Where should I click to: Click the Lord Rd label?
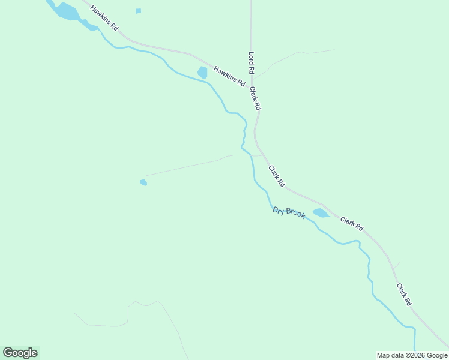(252, 63)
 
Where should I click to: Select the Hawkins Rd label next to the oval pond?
(229, 76)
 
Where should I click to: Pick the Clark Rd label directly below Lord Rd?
(255, 98)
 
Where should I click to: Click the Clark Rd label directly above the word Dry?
(276, 175)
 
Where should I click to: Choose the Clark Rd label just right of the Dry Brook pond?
(352, 224)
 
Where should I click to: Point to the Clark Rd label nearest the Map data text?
(403, 295)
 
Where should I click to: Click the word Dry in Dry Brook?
(279, 210)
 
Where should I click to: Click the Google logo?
(20, 353)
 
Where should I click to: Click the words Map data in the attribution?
(390, 355)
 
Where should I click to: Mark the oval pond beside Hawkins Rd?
(202, 73)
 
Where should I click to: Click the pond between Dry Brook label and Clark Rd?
(320, 212)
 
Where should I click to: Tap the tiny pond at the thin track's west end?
(143, 182)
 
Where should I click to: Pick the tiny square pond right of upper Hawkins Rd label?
(139, 11)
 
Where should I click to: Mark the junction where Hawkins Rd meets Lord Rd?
(252, 85)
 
